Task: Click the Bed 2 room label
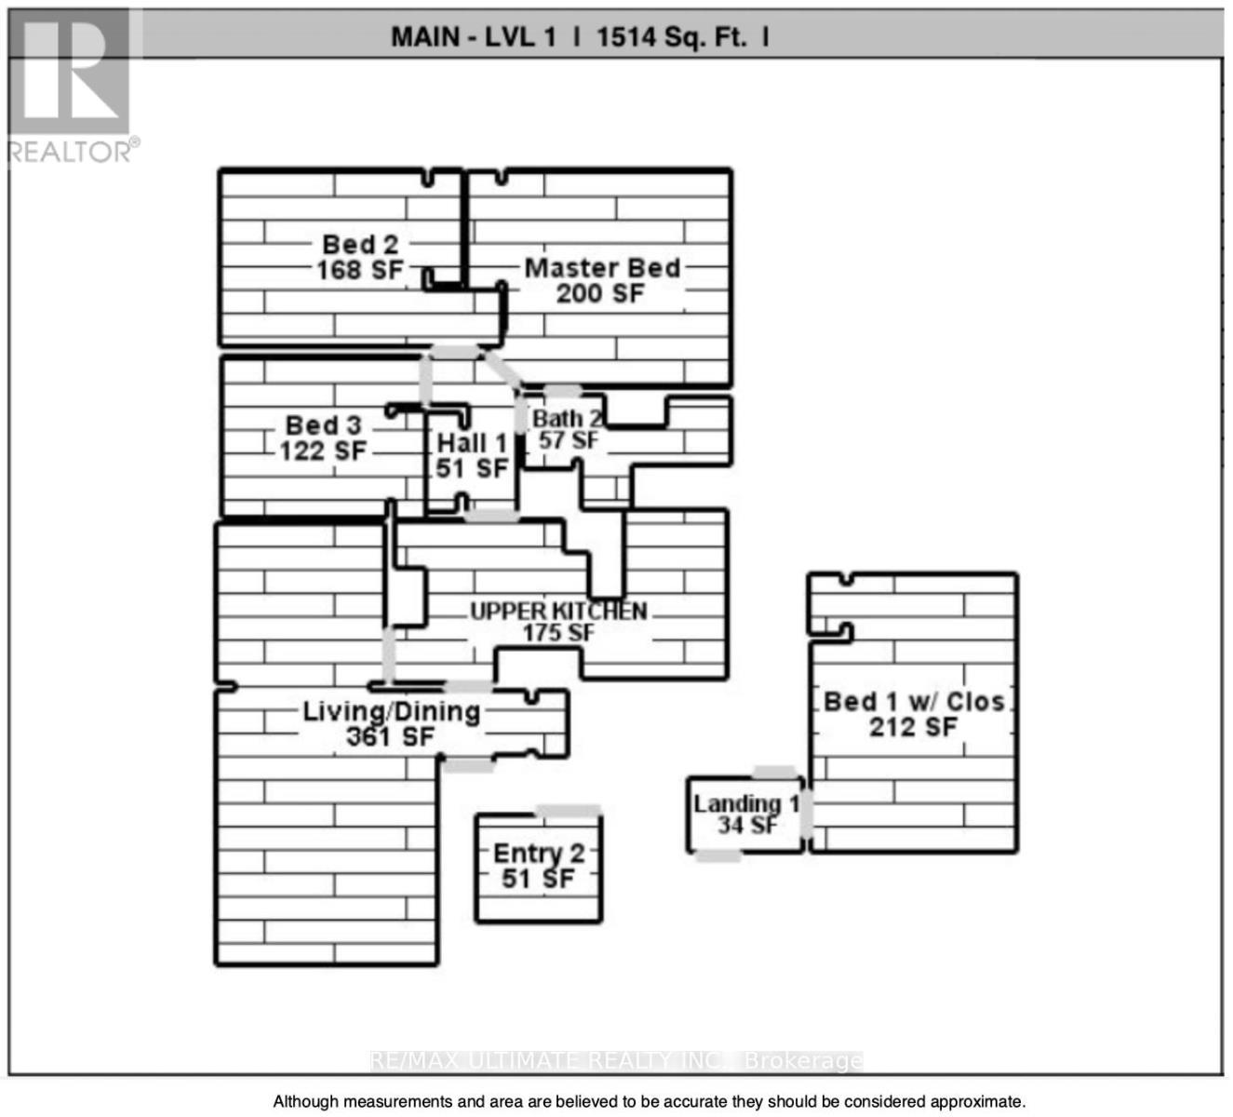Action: (x=360, y=245)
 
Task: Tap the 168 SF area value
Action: (x=360, y=270)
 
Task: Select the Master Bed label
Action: (x=602, y=268)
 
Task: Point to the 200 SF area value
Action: (x=600, y=293)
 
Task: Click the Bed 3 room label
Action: (x=324, y=425)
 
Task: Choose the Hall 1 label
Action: (x=472, y=443)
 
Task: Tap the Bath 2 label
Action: (x=567, y=419)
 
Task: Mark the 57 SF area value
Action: (x=569, y=440)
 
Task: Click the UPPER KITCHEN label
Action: (x=558, y=612)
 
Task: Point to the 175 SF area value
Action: (x=558, y=632)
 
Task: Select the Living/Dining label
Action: (x=392, y=712)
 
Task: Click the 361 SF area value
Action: (x=391, y=737)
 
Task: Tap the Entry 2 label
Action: (x=539, y=854)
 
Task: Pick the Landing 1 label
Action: (x=747, y=804)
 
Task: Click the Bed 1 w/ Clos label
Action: (x=914, y=702)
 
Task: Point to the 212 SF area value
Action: (x=914, y=728)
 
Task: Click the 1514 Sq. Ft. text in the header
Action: (x=673, y=37)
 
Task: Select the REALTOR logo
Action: (x=74, y=87)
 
